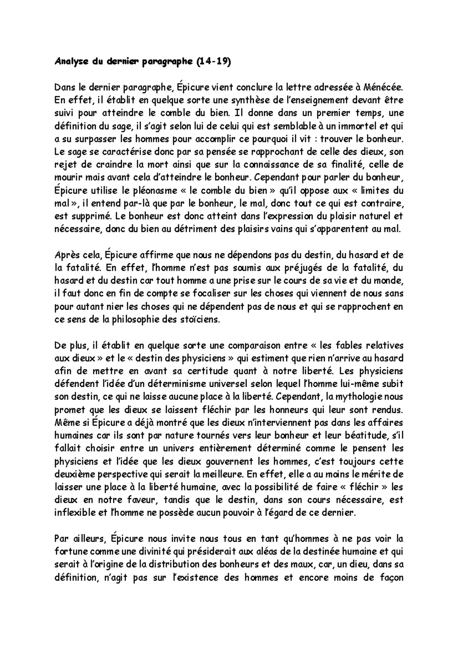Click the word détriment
point(211,230)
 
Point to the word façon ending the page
point(392,578)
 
